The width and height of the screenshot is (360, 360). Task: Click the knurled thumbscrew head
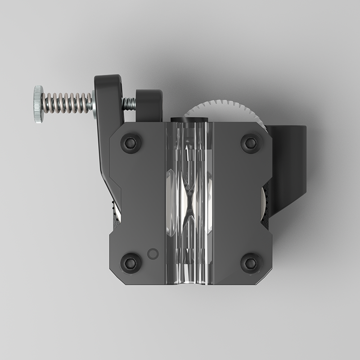point(38,104)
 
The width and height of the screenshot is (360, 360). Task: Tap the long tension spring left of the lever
point(67,103)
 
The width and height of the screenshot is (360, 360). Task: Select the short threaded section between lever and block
point(129,104)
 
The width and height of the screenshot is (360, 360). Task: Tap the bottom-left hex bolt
point(131,262)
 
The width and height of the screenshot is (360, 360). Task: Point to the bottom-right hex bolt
point(251,262)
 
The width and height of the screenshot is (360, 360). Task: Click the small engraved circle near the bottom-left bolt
point(153,254)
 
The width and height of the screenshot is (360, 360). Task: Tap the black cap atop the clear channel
point(189,120)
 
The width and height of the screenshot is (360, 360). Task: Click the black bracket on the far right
point(288,166)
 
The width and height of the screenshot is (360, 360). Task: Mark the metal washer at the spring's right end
point(94,103)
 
